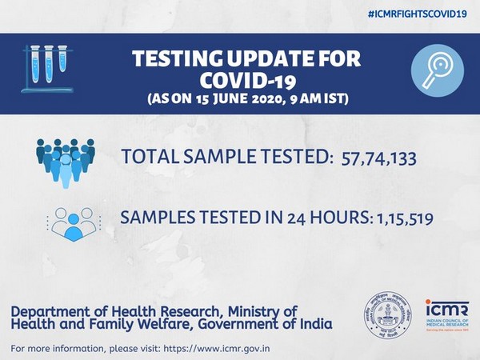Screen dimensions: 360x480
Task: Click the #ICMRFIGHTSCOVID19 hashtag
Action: [418, 16]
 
